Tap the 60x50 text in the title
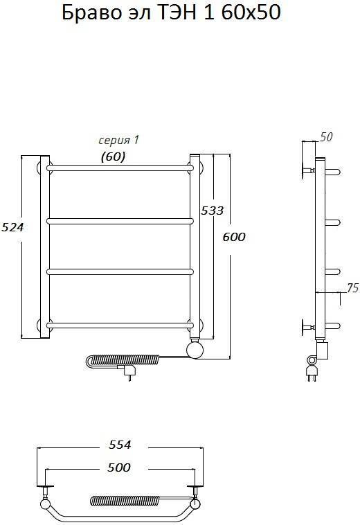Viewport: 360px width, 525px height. click(251, 12)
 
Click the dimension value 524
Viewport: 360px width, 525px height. click(12, 227)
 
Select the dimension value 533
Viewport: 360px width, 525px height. click(212, 211)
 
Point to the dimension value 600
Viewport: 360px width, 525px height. click(234, 237)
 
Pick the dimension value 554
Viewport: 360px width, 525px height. click(120, 445)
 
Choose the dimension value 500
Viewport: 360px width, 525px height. click(119, 468)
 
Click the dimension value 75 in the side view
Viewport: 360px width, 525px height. click(352, 288)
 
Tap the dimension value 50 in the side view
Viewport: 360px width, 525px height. click(327, 137)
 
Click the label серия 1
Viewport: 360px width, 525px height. click(118, 141)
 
